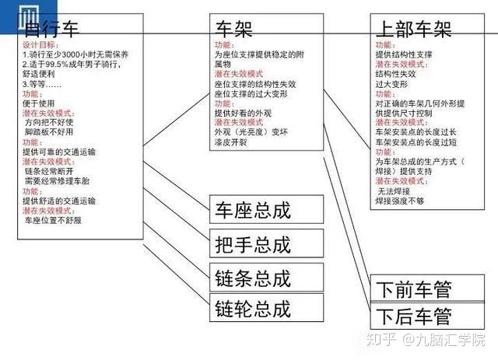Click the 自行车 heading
(54, 30)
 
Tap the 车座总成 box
(252, 210)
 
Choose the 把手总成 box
(252, 244)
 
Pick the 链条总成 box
(252, 278)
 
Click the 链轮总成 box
(252, 309)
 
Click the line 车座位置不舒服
(53, 220)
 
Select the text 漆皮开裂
(233, 142)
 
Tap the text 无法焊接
(396, 190)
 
